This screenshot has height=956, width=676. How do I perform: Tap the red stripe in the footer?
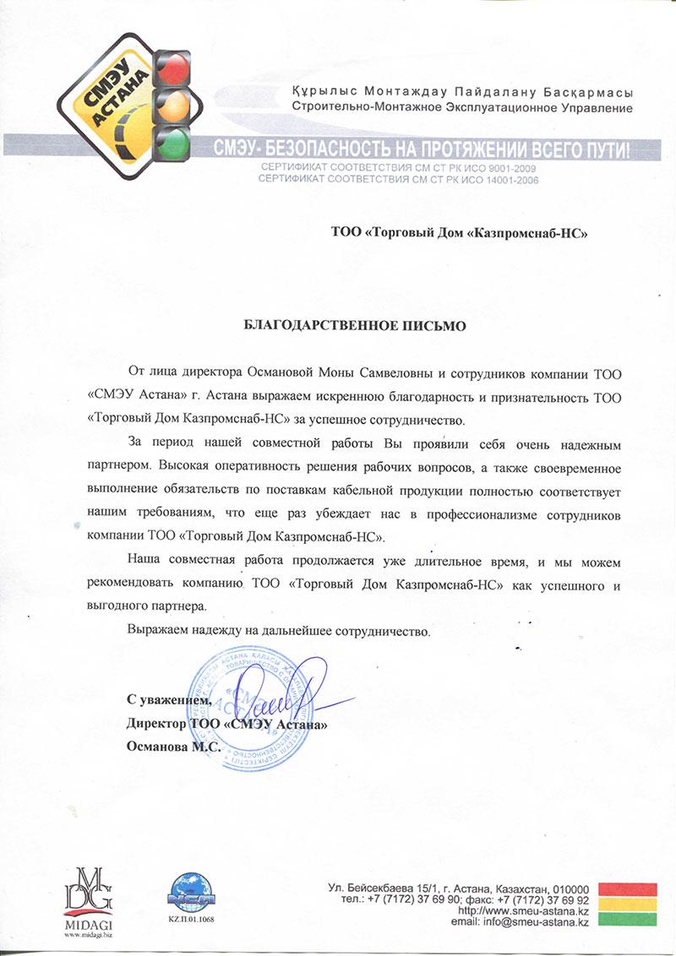627,889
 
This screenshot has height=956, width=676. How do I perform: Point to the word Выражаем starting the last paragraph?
161,631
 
